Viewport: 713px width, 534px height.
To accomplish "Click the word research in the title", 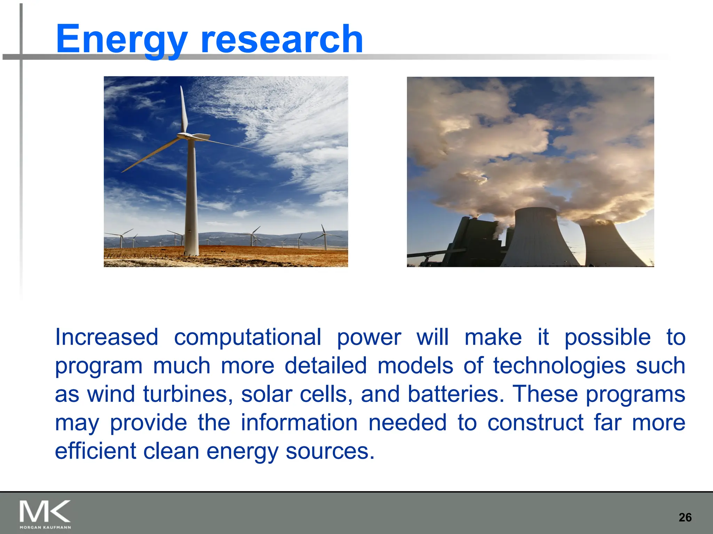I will point(282,39).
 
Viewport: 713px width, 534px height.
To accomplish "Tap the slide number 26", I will point(685,517).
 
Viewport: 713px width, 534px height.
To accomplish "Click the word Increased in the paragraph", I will point(107,337).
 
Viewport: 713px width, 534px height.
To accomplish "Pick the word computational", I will point(248,337).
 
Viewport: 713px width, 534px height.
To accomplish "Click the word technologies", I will point(559,366).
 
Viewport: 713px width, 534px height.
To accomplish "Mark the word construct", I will point(535,423).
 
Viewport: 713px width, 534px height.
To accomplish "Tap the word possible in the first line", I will point(607,337).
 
